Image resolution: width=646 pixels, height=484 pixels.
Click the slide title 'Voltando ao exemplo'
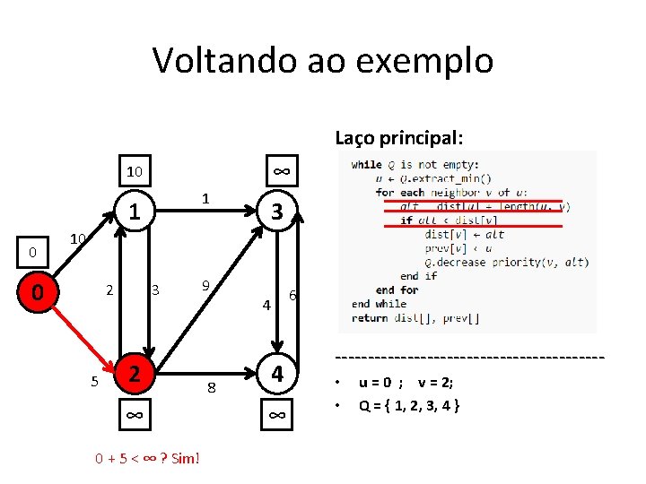pyautogui.click(x=323, y=60)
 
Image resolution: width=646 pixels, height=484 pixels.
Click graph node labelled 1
pyautogui.click(x=134, y=212)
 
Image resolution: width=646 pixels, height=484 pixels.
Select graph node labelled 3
pyautogui.click(x=278, y=212)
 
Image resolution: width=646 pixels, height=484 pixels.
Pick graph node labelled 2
pyautogui.click(x=134, y=374)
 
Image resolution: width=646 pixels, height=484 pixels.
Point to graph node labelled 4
pyautogui.click(x=278, y=374)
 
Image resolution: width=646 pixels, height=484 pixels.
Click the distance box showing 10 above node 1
pyautogui.click(x=134, y=170)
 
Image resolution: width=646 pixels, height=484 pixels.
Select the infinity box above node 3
pyautogui.click(x=279, y=170)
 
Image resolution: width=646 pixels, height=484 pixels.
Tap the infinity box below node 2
pyautogui.click(x=134, y=415)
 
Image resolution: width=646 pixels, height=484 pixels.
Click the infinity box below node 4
pyautogui.click(x=278, y=415)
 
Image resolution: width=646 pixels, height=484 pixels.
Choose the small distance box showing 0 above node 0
pyautogui.click(x=31, y=253)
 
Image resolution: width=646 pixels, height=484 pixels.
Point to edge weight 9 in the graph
pyautogui.click(x=205, y=286)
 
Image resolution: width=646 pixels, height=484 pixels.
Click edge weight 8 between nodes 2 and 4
pyautogui.click(x=212, y=388)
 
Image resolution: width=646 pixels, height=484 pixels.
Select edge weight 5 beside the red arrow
pyautogui.click(x=94, y=383)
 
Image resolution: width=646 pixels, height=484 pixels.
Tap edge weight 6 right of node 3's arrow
pyautogui.click(x=292, y=297)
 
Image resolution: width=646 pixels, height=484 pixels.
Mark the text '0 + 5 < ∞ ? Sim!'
pyautogui.click(x=148, y=459)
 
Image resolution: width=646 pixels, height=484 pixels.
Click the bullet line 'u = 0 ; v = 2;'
pyautogui.click(x=406, y=382)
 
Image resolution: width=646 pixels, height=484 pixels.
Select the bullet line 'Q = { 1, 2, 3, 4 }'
pyautogui.click(x=409, y=405)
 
